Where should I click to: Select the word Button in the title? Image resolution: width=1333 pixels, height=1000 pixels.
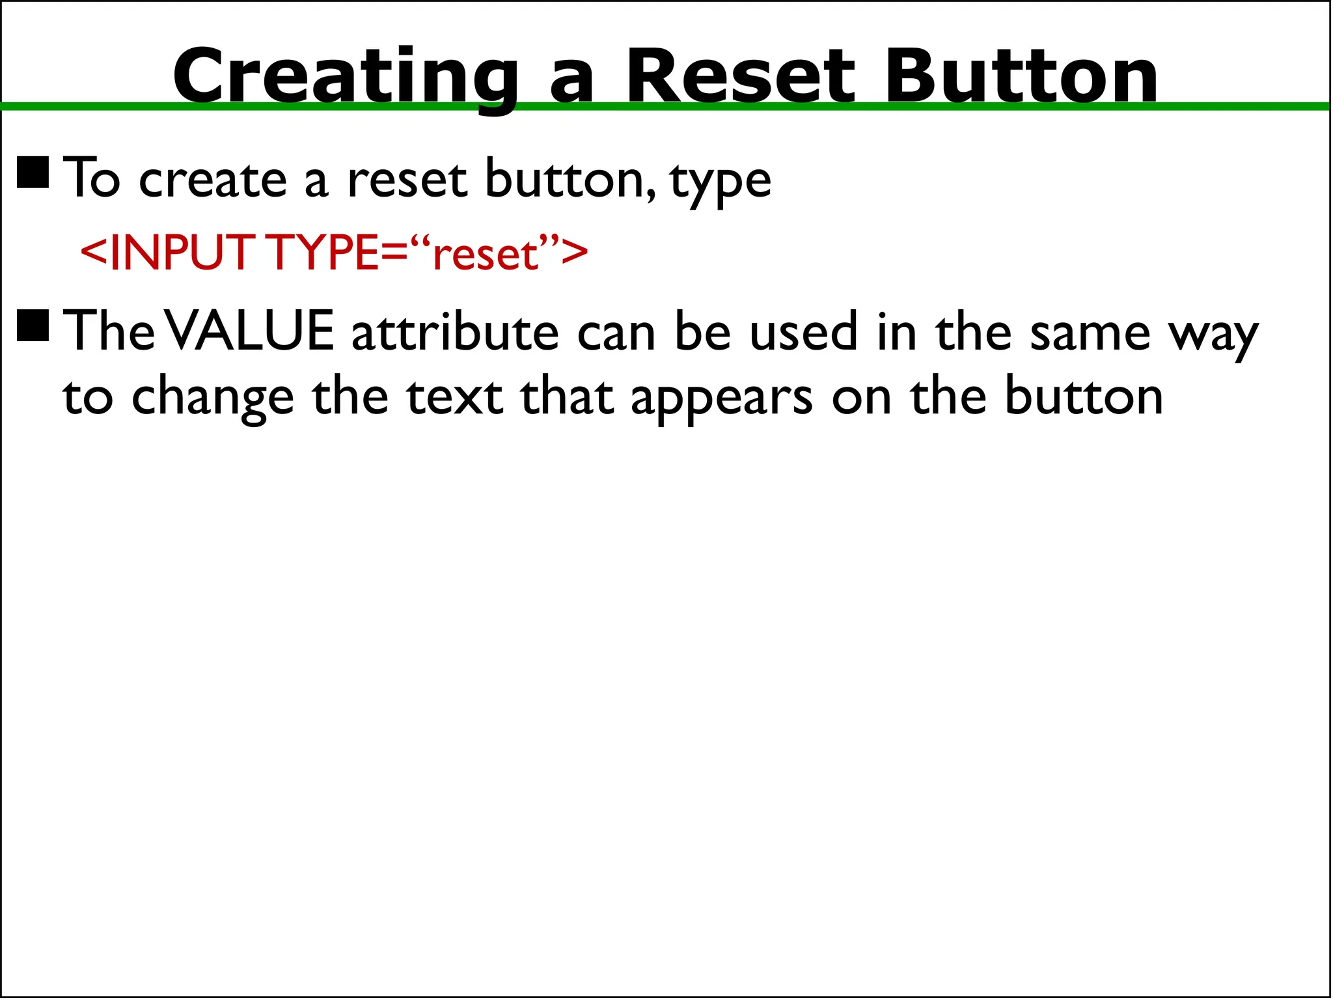(x=1021, y=77)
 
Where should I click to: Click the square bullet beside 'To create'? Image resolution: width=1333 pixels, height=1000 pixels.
(x=33, y=173)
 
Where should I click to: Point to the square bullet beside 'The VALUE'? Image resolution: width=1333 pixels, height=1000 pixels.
(x=33, y=325)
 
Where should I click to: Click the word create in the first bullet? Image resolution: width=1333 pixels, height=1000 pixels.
(x=213, y=179)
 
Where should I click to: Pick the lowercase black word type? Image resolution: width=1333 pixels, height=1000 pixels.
(x=721, y=181)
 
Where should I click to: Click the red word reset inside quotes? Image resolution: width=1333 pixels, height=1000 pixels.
(x=486, y=255)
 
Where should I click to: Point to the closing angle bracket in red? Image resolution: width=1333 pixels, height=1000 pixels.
(x=574, y=253)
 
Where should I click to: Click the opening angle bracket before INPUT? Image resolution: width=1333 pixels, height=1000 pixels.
(x=94, y=253)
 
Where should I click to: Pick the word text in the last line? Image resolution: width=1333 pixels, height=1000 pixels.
(x=455, y=396)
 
